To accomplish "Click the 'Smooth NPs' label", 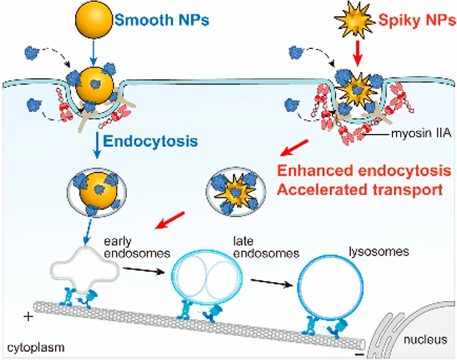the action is click(x=162, y=20).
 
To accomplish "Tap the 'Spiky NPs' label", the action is click(x=417, y=20).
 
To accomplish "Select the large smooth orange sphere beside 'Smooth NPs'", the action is click(x=94, y=20).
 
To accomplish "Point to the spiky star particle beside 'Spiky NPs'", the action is click(x=355, y=21).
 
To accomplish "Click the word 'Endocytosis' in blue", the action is click(x=150, y=141).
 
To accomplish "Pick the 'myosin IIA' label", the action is click(x=421, y=133).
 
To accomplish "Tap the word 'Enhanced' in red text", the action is click(x=316, y=171).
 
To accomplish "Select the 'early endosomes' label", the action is click(x=137, y=247).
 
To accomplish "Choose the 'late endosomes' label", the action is click(x=266, y=247).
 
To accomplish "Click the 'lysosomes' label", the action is click(x=379, y=251).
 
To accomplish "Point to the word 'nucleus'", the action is click(x=425, y=340).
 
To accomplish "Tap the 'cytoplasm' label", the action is click(x=36, y=347).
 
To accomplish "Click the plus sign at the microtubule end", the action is click(x=28, y=316).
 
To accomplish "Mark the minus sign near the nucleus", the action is click(x=360, y=355).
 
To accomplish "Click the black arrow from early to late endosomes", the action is click(x=144, y=270).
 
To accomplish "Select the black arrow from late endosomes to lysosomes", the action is click(x=272, y=282).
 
